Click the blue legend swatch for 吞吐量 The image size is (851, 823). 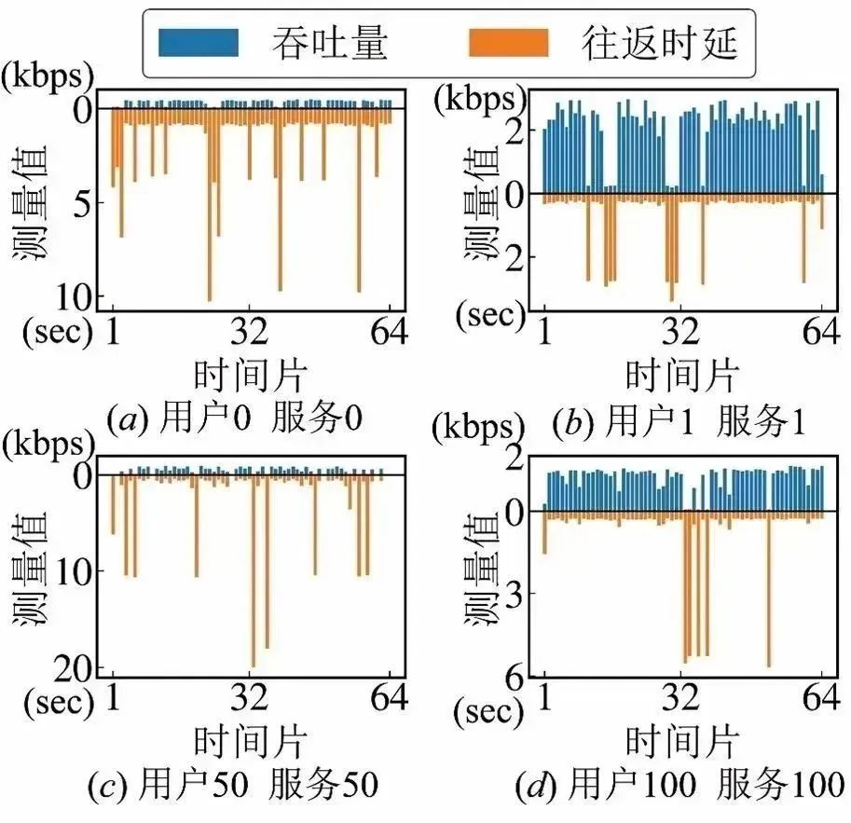(199, 43)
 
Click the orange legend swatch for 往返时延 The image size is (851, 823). (508, 43)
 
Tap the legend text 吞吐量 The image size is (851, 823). (331, 43)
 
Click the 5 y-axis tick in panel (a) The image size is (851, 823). (86, 203)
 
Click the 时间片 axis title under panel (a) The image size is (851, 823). (251, 375)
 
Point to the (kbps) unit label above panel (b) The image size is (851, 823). (474, 97)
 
